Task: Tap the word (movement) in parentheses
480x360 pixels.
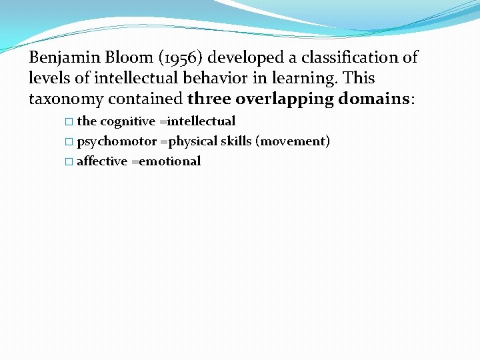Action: coord(293,141)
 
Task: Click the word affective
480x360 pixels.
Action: coord(102,161)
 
